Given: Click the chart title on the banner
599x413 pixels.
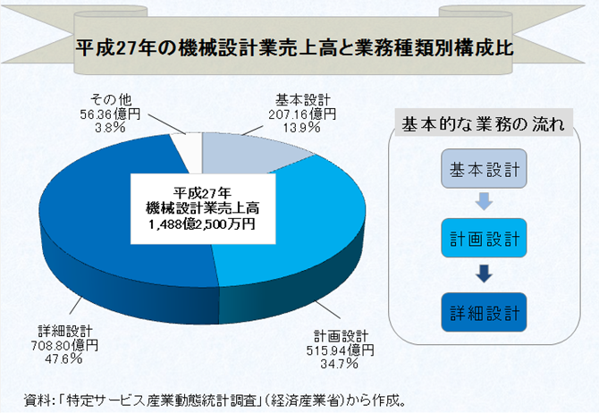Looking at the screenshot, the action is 294,48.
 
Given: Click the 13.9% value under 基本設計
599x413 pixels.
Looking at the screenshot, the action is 302,128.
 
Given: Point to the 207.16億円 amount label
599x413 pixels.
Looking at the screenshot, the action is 302,114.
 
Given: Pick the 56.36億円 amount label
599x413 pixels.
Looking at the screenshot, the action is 110,114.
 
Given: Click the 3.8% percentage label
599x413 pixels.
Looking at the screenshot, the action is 110,128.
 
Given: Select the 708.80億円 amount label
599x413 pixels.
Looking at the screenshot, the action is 64,345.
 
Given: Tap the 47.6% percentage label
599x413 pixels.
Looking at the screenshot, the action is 63,358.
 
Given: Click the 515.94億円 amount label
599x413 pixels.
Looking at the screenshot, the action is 340,350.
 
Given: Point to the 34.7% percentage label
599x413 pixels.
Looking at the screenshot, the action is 339,363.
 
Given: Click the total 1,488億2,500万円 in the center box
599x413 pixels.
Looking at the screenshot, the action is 202,223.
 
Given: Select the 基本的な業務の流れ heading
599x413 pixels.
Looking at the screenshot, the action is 484,124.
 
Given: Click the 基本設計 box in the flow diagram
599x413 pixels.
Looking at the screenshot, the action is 484,168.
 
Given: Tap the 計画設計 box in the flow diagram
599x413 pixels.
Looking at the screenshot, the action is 484,238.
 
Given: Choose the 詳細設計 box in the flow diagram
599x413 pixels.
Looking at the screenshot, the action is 484,312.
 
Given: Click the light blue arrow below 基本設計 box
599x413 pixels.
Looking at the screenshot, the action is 484,202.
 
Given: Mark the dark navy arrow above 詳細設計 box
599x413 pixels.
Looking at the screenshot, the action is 484,274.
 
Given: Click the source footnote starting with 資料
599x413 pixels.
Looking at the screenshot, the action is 215,400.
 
